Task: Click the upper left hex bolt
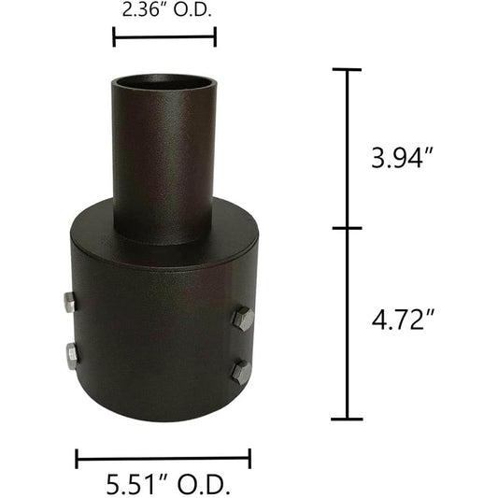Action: [69, 302]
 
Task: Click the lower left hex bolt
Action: [70, 356]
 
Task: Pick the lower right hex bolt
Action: [240, 372]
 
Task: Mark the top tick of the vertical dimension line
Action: [348, 70]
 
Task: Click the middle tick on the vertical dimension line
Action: [348, 227]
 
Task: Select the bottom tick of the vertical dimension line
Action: [348, 419]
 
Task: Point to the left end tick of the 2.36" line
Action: [114, 37]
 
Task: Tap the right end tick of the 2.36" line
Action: [215, 37]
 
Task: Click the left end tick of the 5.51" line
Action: [77, 458]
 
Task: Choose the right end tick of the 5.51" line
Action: [249, 458]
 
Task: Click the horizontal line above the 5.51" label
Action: [164, 458]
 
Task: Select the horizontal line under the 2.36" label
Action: [164, 37]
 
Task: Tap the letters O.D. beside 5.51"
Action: [204, 485]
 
